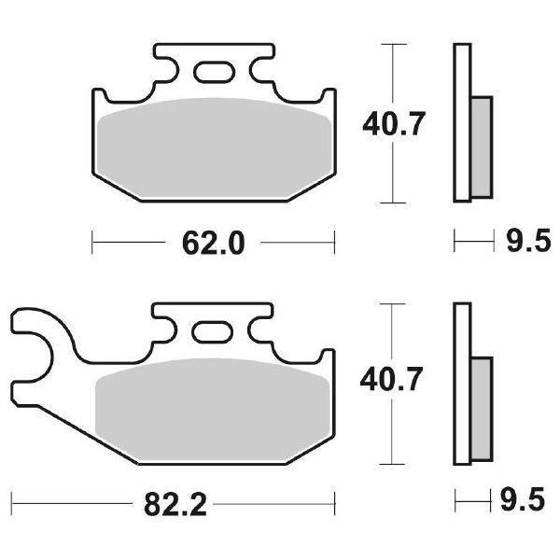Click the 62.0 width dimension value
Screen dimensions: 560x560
pyautogui.click(x=214, y=245)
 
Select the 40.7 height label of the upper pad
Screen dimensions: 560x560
pyautogui.click(x=395, y=121)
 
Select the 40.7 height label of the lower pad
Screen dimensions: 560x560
pyautogui.click(x=395, y=381)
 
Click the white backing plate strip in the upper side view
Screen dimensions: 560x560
pyautogui.click(x=460, y=121)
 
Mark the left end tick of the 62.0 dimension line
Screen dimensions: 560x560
pyautogui.click(x=92, y=245)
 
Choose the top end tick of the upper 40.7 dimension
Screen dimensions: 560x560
pyautogui.click(x=395, y=43)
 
